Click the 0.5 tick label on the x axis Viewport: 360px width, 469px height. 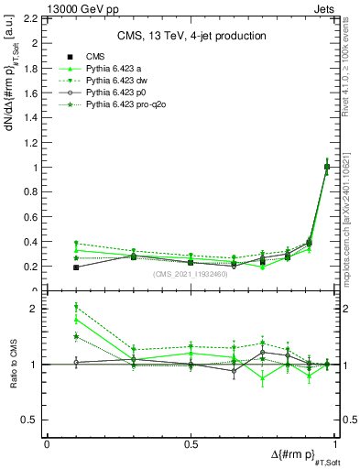190,444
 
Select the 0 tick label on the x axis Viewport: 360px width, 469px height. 47,444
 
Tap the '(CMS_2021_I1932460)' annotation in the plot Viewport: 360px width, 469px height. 190,274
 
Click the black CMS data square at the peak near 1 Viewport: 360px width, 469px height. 327,167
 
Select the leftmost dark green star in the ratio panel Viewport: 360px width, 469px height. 76,336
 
